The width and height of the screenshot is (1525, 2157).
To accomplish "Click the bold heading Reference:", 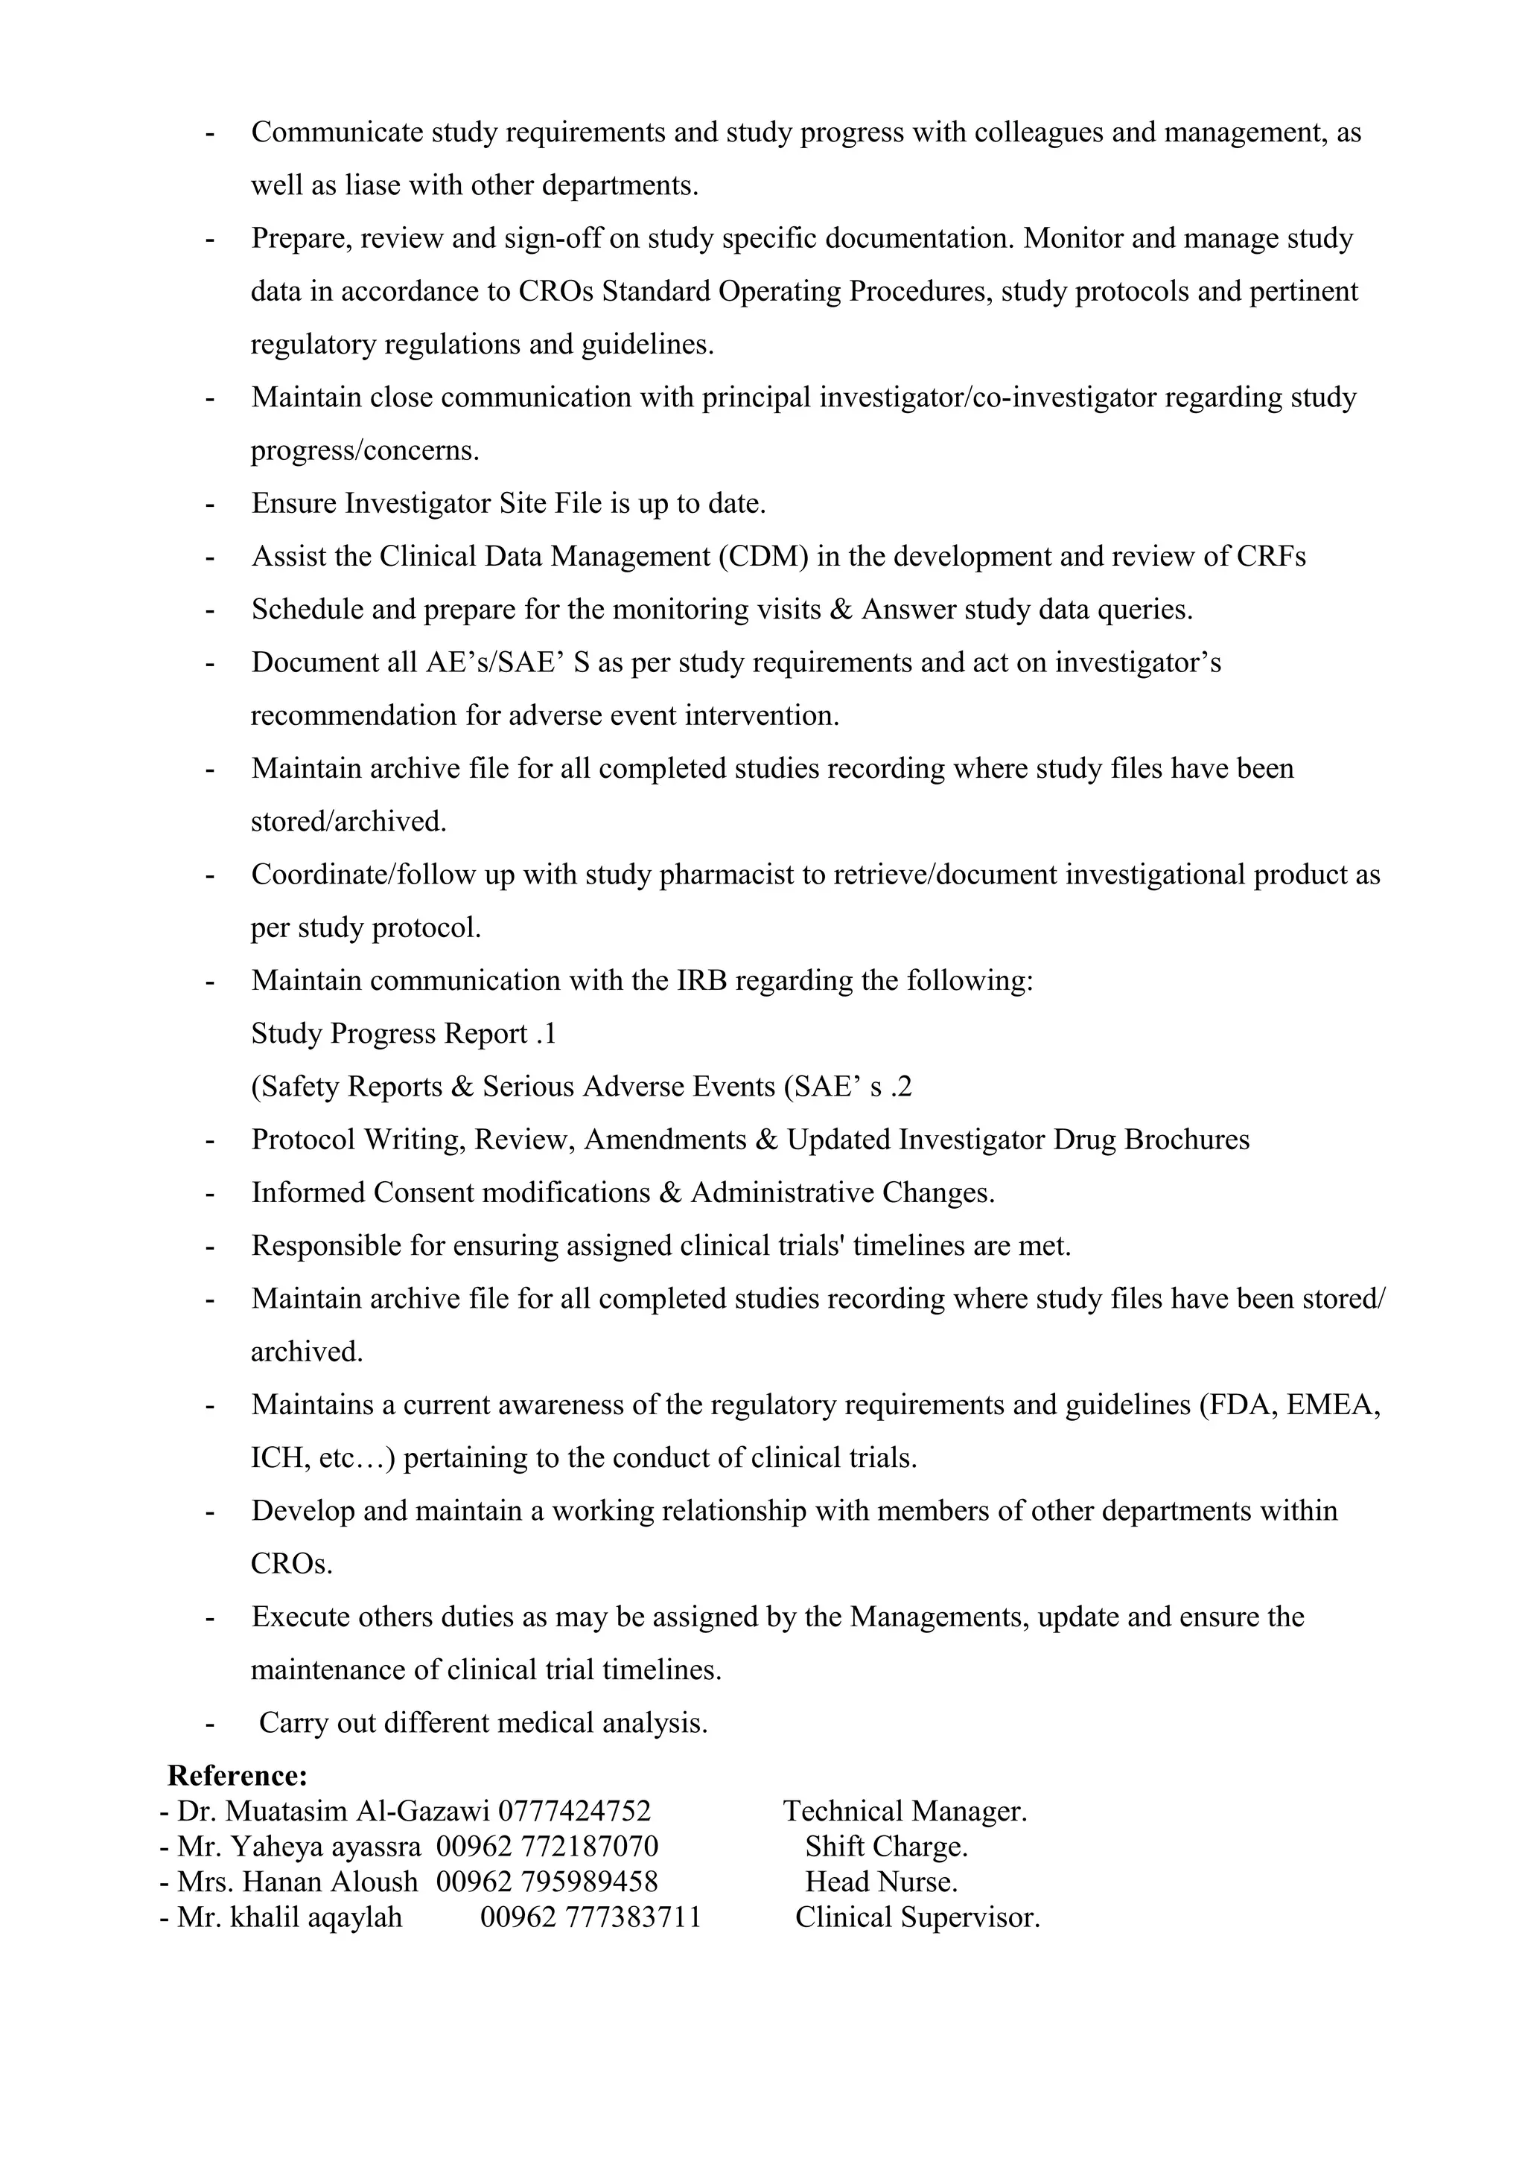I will (x=237, y=1776).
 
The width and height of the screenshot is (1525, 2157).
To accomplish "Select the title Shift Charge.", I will (x=885, y=1846).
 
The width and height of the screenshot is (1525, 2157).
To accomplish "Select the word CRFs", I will (x=1270, y=556).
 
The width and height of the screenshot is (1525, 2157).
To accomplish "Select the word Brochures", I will (x=1185, y=1140).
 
